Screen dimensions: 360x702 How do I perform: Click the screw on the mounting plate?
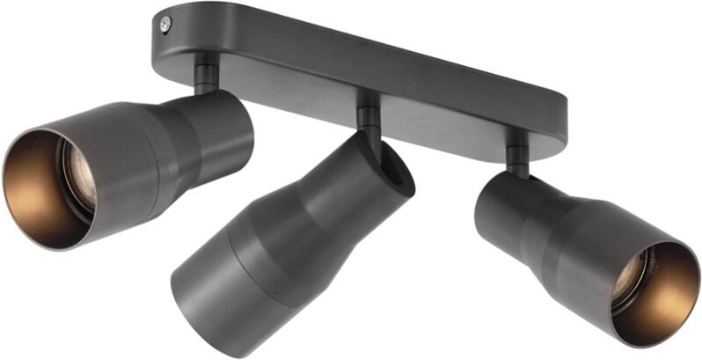[x=165, y=26]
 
